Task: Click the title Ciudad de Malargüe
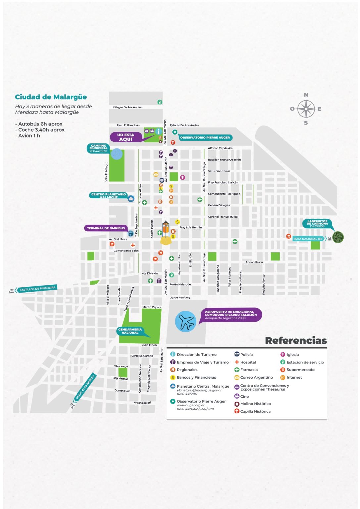(x=51, y=97)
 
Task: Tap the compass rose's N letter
(x=306, y=95)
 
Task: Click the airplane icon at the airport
(x=186, y=321)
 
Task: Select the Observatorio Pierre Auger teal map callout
(x=205, y=137)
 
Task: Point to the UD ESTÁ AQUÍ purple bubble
(x=126, y=137)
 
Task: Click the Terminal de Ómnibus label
(x=106, y=228)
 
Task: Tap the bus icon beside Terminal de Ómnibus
(x=130, y=234)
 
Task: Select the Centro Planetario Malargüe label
(x=108, y=196)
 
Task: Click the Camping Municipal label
(x=99, y=148)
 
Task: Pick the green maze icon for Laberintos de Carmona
(x=338, y=237)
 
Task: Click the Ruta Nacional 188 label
(x=308, y=239)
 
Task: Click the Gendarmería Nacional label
(x=130, y=331)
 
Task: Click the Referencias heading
(x=296, y=341)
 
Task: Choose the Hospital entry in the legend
(x=248, y=362)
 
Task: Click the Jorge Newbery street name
(x=180, y=297)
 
